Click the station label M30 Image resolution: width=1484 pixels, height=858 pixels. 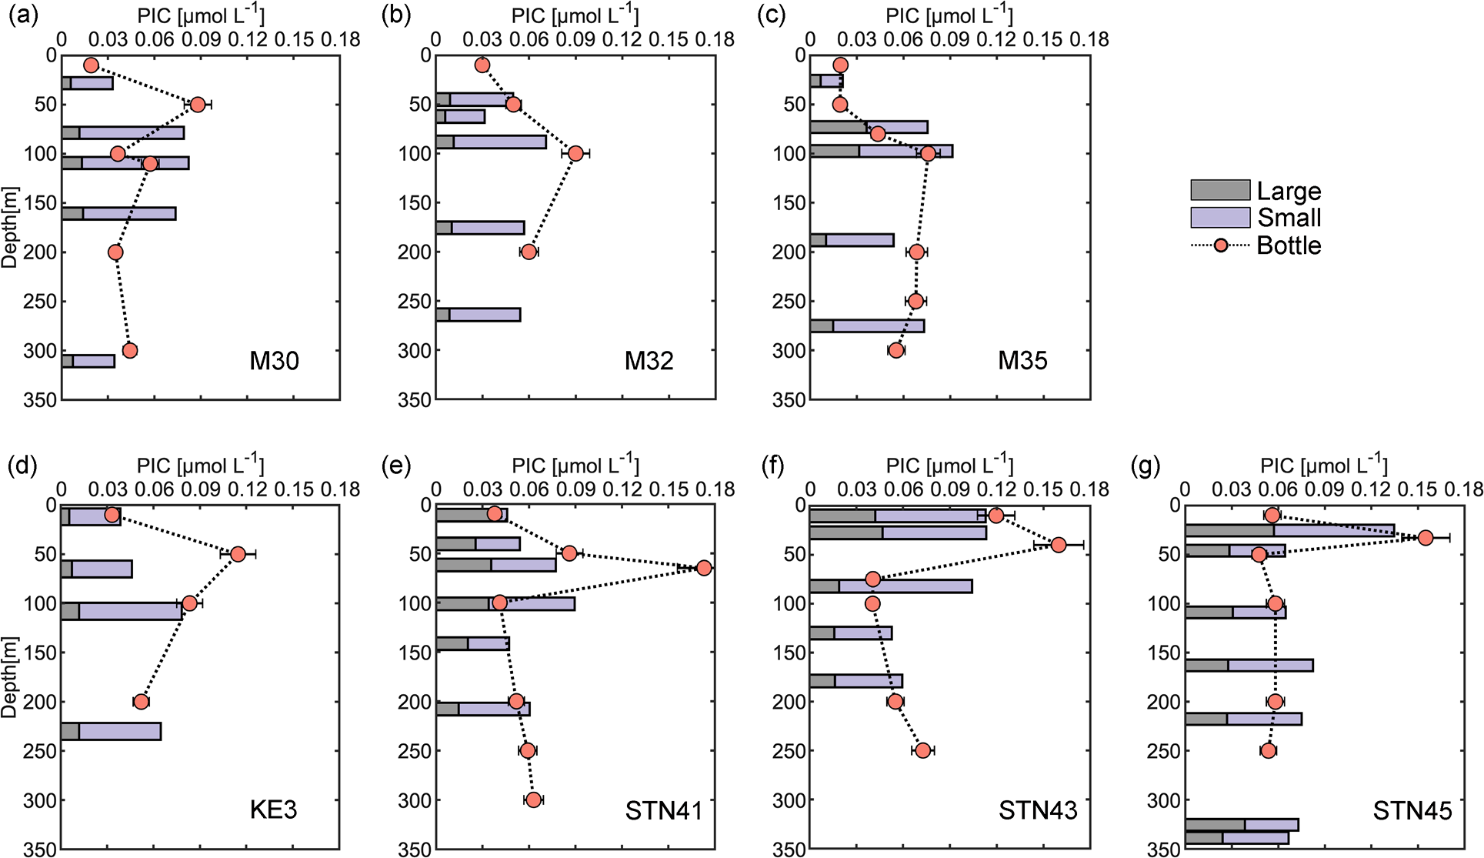tap(274, 360)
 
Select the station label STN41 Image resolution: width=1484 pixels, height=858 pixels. tap(664, 810)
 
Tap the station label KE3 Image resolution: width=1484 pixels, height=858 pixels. tap(273, 810)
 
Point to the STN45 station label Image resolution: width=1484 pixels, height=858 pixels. tap(1412, 810)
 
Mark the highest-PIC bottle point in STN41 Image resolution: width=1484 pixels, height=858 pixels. tap(704, 568)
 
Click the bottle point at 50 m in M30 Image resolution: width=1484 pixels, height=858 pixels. tap(198, 105)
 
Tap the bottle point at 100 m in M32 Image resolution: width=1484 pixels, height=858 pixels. tap(575, 153)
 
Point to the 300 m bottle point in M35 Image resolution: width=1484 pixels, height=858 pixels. tap(895, 350)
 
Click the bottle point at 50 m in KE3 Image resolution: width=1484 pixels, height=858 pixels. tap(238, 554)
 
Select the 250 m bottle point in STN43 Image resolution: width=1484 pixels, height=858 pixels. tap(923, 750)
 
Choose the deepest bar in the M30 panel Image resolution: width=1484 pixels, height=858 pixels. tap(88, 361)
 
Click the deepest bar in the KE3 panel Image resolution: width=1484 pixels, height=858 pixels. tap(112, 731)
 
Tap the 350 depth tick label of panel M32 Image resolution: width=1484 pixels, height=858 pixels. tap(414, 400)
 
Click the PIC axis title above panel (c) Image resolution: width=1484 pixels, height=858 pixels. tap(949, 15)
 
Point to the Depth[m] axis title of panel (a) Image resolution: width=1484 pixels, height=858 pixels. tap(9, 227)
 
